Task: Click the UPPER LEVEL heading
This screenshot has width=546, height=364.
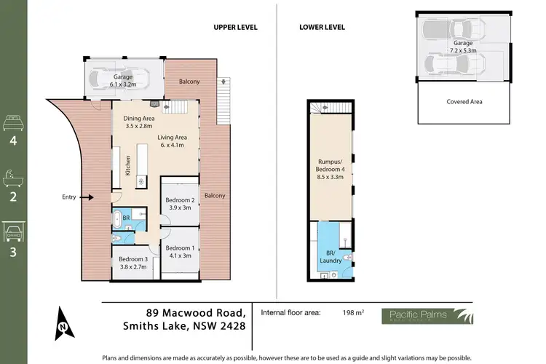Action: click(235, 27)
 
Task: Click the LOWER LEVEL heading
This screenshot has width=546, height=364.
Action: click(321, 27)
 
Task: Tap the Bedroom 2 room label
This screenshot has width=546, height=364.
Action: click(180, 204)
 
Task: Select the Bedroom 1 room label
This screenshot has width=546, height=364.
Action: click(178, 251)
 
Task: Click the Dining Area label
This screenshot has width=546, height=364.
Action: click(138, 122)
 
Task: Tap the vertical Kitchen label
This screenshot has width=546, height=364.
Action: click(127, 166)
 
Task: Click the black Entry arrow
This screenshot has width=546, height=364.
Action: click(87, 197)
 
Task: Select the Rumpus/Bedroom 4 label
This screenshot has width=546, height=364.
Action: click(331, 168)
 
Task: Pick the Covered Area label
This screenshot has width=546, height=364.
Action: click(464, 101)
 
